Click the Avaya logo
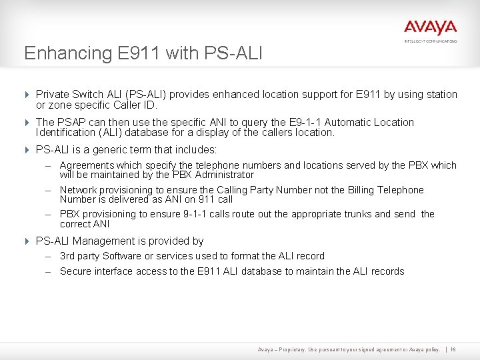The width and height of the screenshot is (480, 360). click(x=430, y=28)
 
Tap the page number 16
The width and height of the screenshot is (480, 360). click(x=453, y=349)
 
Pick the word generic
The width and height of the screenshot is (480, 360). click(x=107, y=150)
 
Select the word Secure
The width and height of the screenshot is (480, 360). click(x=75, y=271)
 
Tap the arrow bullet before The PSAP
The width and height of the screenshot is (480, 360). click(x=27, y=123)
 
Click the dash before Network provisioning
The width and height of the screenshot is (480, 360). click(x=49, y=190)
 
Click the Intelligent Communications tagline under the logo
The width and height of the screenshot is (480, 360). click(x=430, y=41)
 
